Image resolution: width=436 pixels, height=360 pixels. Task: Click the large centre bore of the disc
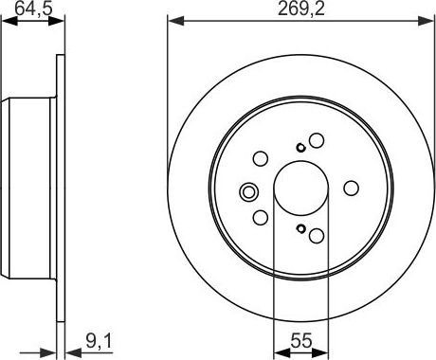pyautogui.click(x=300, y=187)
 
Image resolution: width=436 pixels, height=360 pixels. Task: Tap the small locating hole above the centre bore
pyautogui.click(x=300, y=146)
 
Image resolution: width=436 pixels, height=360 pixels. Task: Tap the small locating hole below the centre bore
pyautogui.click(x=300, y=228)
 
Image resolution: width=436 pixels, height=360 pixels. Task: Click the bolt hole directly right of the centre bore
pyautogui.click(x=351, y=187)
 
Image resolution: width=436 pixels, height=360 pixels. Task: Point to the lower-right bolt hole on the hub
pyautogui.click(x=317, y=234)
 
